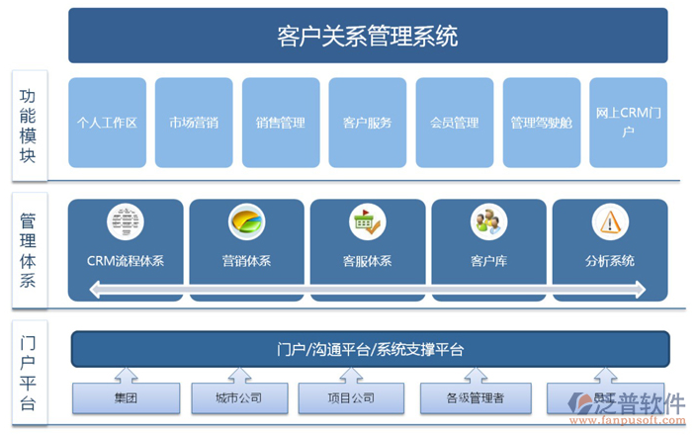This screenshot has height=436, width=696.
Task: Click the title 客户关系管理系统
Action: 368,37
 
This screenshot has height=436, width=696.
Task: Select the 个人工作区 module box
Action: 107,123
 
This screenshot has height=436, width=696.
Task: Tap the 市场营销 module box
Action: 194,123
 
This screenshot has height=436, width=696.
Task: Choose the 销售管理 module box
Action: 281,123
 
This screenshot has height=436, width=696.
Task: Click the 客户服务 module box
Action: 368,123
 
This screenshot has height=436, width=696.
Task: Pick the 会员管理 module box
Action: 454,123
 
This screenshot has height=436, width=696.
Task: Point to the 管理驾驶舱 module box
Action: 541,123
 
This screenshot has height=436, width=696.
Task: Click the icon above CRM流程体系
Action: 125,220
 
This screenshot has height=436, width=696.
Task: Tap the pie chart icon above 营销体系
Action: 246,220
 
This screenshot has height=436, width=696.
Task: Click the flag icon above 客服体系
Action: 368,220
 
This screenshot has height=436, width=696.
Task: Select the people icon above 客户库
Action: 488,220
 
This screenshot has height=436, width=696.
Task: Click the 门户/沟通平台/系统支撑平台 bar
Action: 370,349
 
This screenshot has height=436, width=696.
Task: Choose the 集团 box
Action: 126,397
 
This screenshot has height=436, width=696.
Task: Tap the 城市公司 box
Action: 238,397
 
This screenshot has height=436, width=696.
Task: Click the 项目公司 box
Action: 351,397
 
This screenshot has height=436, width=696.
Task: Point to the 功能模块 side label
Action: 28,126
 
